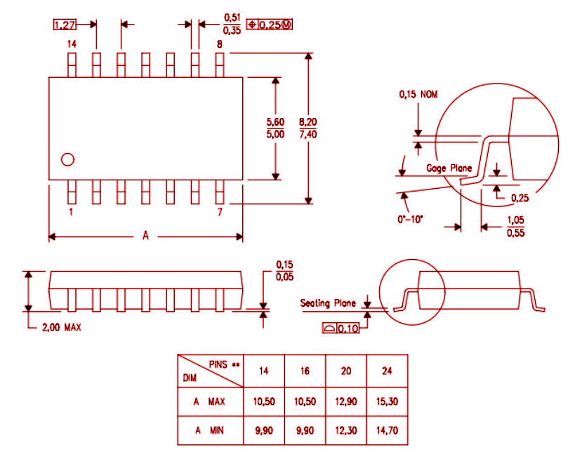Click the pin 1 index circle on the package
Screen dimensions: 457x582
67,159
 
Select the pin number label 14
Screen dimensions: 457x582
72,44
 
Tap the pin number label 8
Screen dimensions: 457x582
219,44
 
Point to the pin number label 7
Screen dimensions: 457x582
219,211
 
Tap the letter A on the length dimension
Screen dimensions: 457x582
145,236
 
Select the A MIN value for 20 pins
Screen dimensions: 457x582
345,430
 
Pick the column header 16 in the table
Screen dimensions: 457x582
305,370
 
